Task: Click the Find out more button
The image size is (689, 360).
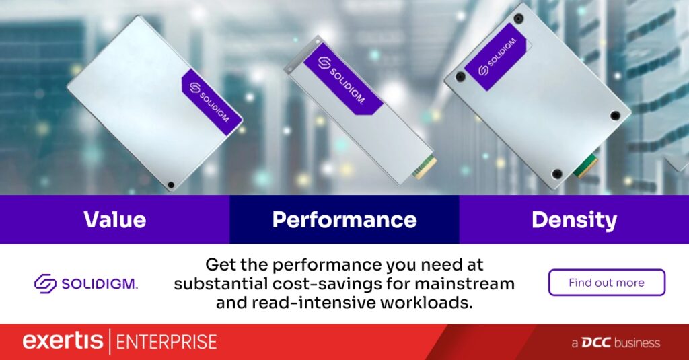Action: (x=607, y=282)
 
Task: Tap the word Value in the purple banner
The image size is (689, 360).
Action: (x=114, y=220)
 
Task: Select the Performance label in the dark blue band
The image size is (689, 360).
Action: (x=344, y=220)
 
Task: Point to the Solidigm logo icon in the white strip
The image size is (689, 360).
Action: (x=45, y=283)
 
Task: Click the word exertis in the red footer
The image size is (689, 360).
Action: (x=63, y=342)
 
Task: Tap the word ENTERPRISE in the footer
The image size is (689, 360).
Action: (x=167, y=343)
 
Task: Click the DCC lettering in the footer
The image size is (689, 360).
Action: (x=596, y=343)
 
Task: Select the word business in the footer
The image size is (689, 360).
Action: (x=637, y=343)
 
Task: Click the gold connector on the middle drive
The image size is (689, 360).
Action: (x=425, y=167)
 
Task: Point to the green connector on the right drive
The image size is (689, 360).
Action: (x=586, y=166)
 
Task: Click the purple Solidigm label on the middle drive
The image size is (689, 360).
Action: (x=342, y=79)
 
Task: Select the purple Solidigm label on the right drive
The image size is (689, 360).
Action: (x=497, y=57)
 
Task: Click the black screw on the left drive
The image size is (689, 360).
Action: (x=171, y=185)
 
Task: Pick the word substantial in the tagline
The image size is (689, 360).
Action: (x=221, y=284)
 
